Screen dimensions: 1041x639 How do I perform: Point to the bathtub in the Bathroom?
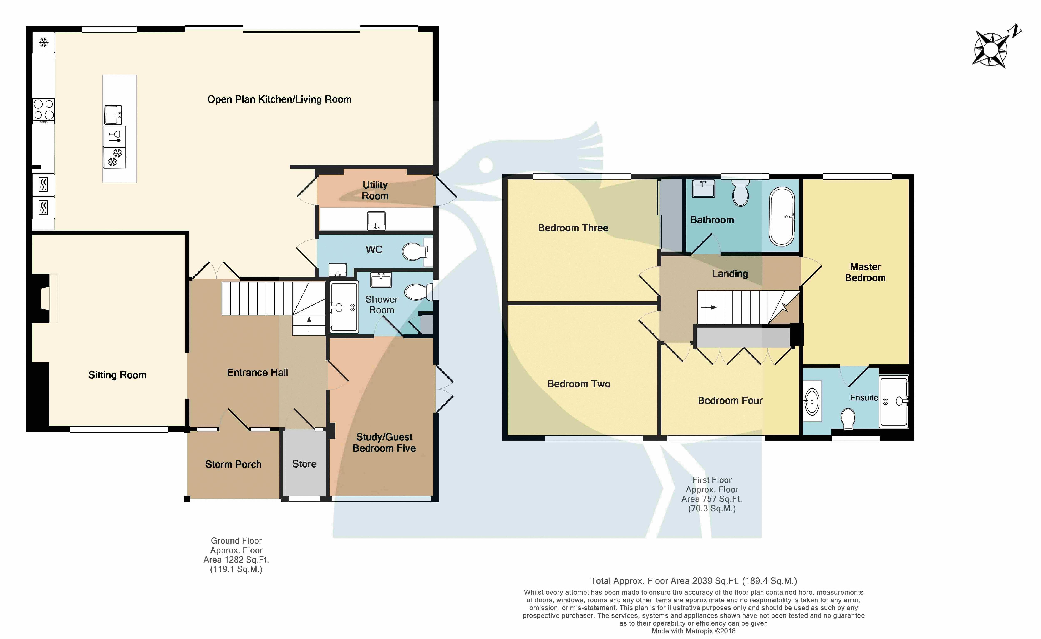782,216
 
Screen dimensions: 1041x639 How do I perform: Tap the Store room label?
304,464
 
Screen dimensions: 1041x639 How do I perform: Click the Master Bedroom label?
865,272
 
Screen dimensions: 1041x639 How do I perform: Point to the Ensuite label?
864,398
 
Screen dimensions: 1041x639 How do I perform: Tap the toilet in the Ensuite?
848,419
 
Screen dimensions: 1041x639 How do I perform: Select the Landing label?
730,274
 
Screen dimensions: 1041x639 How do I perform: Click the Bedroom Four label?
730,400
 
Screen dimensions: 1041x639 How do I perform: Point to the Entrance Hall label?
258,373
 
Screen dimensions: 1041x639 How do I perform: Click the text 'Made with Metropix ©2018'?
693,631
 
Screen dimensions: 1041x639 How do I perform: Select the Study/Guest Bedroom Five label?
384,443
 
